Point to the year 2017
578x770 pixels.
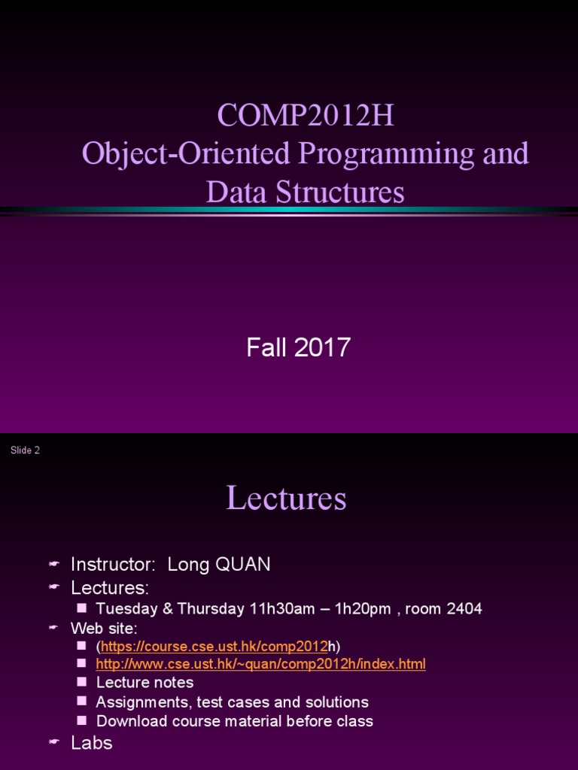click(x=322, y=347)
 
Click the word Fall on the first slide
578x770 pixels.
click(x=263, y=347)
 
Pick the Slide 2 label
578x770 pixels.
click(x=25, y=450)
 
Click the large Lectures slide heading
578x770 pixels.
click(x=286, y=499)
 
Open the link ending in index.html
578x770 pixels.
click(x=260, y=664)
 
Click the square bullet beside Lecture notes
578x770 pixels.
click(x=82, y=682)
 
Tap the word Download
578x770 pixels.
click(x=129, y=721)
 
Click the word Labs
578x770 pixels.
click(x=92, y=743)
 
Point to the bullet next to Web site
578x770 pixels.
click(x=53, y=628)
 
